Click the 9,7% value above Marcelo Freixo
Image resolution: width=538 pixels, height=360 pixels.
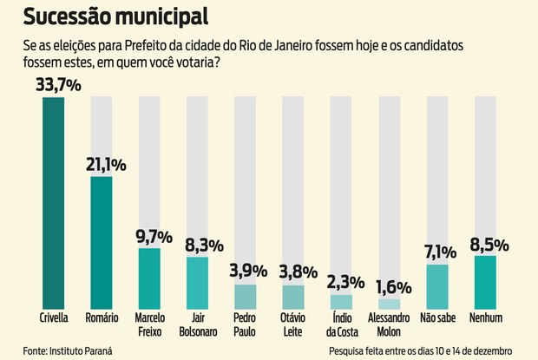click(x=154, y=236)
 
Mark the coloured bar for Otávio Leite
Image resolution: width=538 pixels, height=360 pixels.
click(x=292, y=295)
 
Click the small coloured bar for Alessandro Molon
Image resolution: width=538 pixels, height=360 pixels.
click(x=389, y=303)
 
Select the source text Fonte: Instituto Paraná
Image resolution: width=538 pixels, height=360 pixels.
click(x=68, y=350)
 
